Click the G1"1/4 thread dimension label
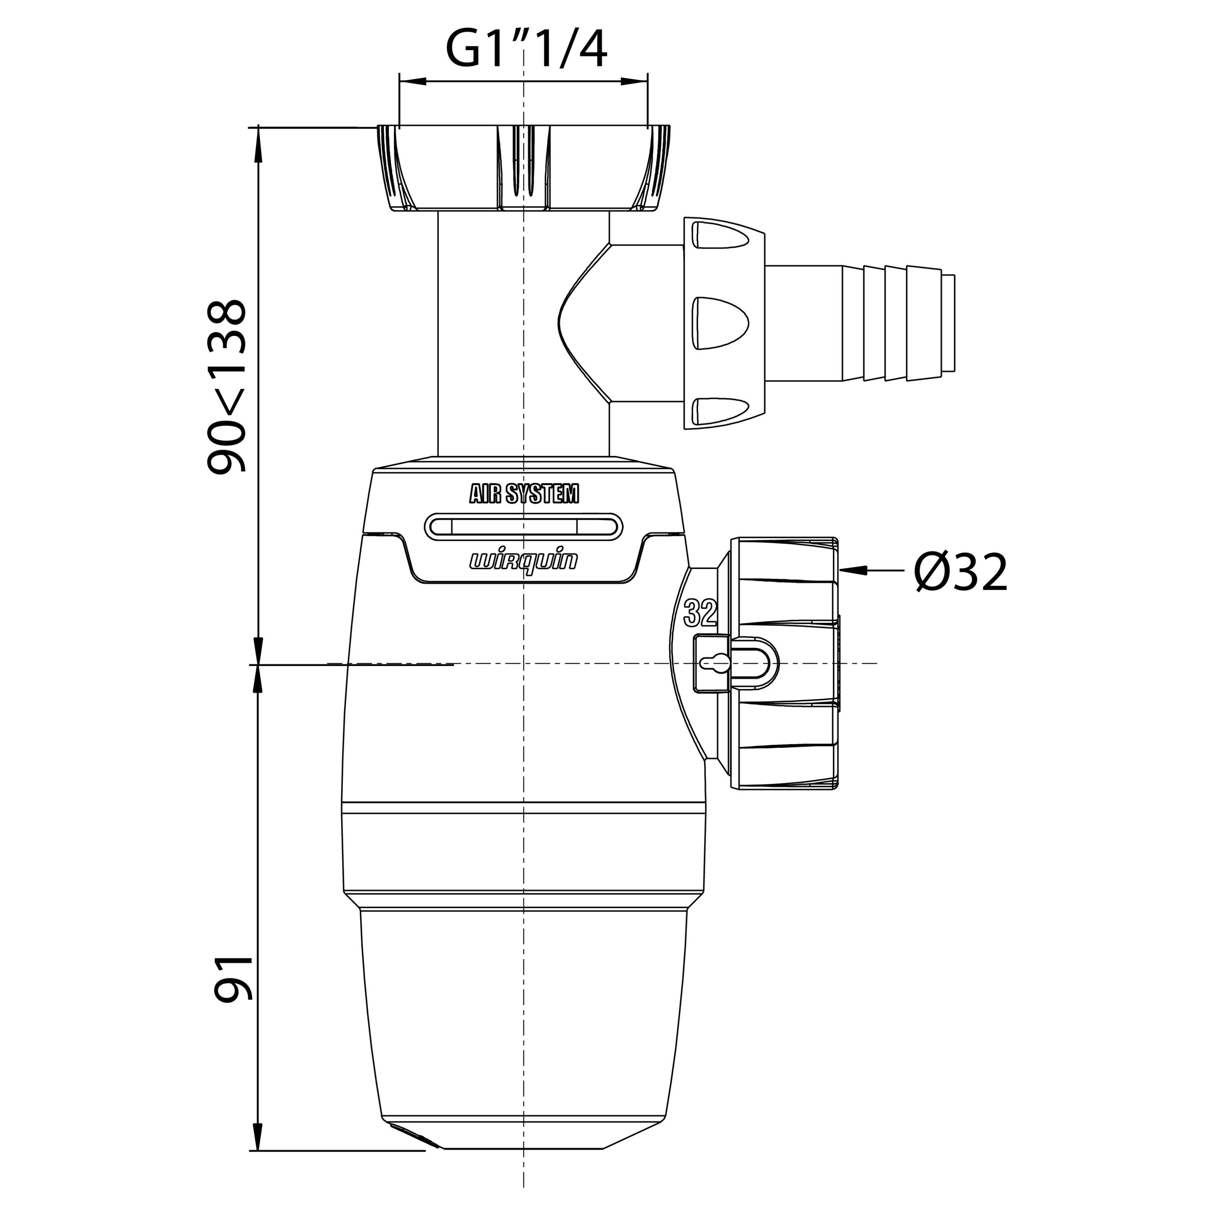click(x=526, y=50)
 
